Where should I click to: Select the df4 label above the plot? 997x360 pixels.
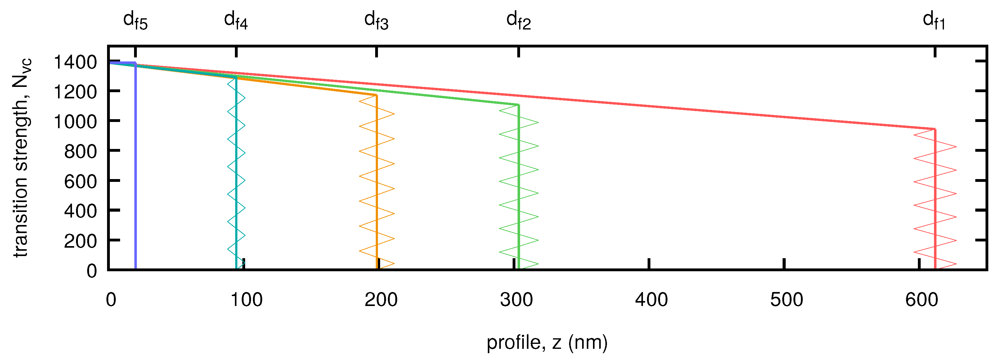tap(236, 20)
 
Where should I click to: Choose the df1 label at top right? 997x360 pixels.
tap(934, 20)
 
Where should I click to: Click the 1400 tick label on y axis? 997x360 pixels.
tap(75, 62)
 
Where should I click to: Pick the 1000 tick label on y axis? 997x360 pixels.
tap(75, 122)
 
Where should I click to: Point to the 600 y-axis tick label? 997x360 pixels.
tap(80, 182)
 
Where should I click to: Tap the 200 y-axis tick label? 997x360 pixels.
tap(80, 241)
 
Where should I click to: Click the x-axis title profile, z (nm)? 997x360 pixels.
tap(547, 343)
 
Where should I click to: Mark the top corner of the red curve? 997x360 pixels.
tap(935, 129)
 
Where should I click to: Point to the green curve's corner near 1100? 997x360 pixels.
tap(519, 105)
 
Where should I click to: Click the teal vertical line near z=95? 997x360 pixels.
tap(236, 174)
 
